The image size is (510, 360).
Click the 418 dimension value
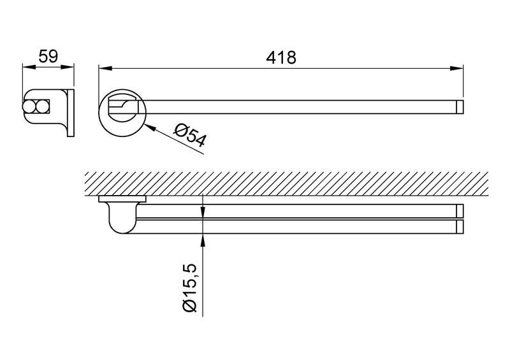tap(281, 57)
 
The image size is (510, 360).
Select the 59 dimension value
tap(48, 56)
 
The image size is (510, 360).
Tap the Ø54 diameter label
tap(190, 136)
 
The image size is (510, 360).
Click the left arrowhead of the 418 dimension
tap(105, 68)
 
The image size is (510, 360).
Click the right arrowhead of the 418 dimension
tap(456, 68)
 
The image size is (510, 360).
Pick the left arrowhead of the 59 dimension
tap(29, 67)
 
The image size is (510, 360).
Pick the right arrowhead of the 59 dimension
tap(68, 67)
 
